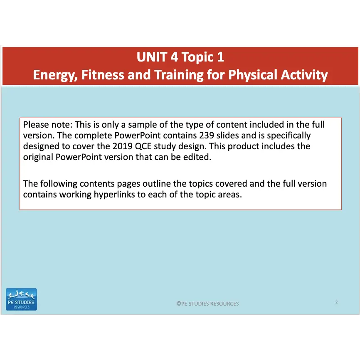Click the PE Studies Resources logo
coord(21,299)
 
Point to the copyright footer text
coord(207,304)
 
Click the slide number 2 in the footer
coord(336,302)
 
